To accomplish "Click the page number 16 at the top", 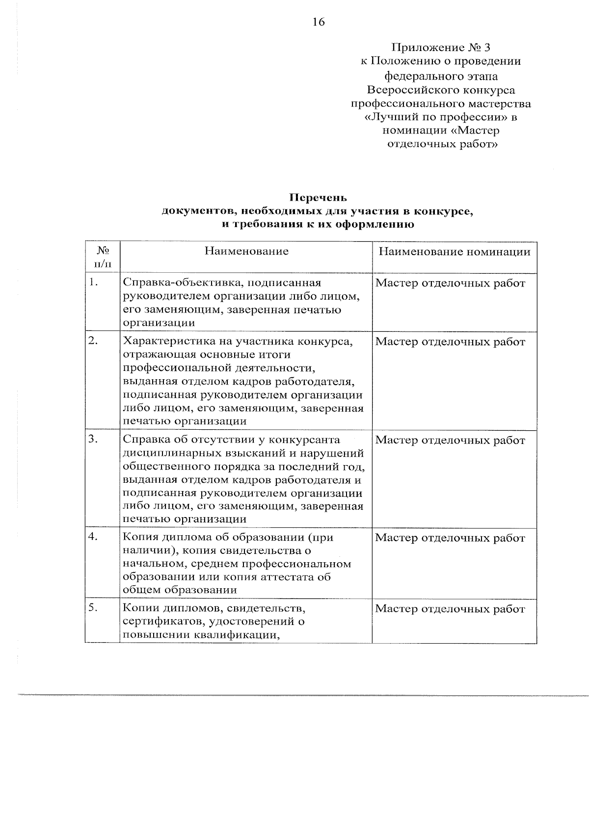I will coord(318,22).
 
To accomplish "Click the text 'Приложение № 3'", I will coord(440,48).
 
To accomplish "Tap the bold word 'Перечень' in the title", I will coord(318,198).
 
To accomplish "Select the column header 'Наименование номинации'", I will coord(454,252).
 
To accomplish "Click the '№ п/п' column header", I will coord(103,257).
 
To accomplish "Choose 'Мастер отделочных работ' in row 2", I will coord(450,342).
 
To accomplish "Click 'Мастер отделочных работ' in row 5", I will coord(450,609).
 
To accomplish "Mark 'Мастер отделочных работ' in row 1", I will coord(450,283).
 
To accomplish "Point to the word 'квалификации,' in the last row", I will coord(237,635).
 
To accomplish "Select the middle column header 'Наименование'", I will coord(246,251).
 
